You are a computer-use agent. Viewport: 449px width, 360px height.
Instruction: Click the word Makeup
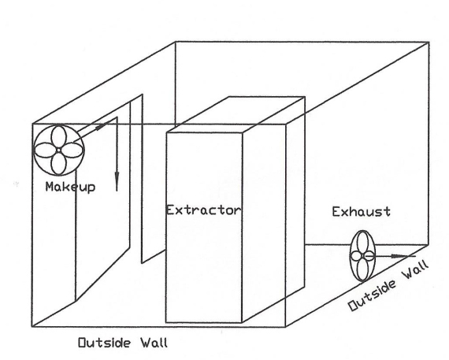[x=70, y=187]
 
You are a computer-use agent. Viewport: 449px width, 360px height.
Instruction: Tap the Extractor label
[x=203, y=210]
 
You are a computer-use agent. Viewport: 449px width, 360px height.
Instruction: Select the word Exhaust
[x=361, y=212]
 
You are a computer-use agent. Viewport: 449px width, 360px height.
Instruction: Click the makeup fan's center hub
[x=58, y=150]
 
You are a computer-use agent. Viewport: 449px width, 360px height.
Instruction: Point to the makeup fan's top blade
[x=59, y=137]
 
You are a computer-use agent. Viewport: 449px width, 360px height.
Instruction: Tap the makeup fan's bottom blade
[x=58, y=163]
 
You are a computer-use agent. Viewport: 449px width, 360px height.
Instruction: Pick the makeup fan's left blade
[x=46, y=150]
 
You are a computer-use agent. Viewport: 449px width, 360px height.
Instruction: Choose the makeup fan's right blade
[x=72, y=150]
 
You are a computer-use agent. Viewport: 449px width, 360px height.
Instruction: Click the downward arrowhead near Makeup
[x=117, y=180]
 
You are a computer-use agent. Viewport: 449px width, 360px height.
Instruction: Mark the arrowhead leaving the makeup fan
[x=101, y=126]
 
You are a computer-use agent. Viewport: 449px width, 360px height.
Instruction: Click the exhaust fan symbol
[x=362, y=256]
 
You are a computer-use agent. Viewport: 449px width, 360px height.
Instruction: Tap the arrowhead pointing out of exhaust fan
[x=399, y=256]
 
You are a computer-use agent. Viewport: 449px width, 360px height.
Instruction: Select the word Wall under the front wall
[x=154, y=343]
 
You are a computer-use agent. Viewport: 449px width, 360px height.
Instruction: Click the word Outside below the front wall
[x=105, y=343]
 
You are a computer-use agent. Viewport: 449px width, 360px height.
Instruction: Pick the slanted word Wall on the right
[x=416, y=270]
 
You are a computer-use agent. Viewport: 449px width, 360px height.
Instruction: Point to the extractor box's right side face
[x=273, y=209]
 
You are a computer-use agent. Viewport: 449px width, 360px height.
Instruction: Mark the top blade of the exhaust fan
[x=363, y=243]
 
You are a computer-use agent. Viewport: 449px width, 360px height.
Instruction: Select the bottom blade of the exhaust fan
[x=362, y=269]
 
